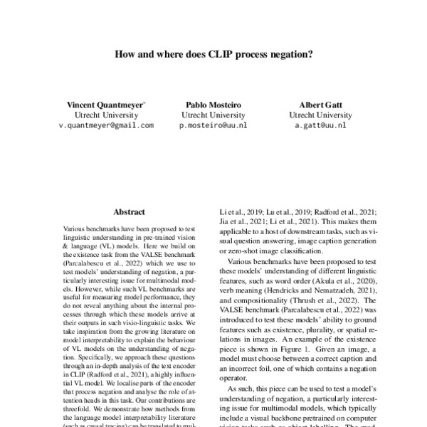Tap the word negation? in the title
292,53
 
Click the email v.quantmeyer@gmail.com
106,125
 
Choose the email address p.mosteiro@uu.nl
213,125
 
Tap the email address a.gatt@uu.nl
320,125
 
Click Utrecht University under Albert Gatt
320,114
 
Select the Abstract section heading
129,212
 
